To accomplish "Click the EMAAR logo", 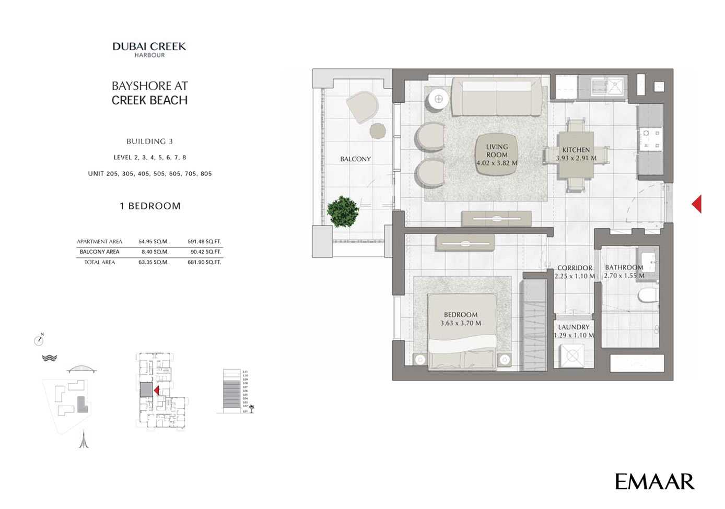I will point(654,482).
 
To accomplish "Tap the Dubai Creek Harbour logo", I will point(149,49).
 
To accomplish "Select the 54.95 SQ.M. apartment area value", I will point(153,242).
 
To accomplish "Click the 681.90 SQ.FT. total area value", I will point(204,262).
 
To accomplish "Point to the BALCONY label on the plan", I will point(355,159).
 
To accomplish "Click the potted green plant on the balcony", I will point(343,211).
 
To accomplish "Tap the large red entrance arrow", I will point(696,204).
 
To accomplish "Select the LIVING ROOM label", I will point(497,151).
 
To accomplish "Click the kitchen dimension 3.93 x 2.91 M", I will point(576,158).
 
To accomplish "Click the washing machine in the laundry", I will point(572,356).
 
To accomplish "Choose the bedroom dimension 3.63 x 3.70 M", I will point(461,323).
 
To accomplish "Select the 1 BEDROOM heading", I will point(150,206).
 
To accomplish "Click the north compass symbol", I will point(39,340).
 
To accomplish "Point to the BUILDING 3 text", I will point(149,141).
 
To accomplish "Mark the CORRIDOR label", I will point(575,268).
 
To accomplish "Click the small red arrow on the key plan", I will point(156,390).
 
